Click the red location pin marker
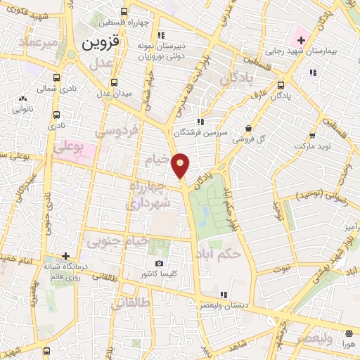click(x=181, y=165)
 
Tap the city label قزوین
click(x=102, y=42)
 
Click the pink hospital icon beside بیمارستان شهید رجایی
click(x=301, y=39)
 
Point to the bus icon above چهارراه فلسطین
click(x=124, y=11)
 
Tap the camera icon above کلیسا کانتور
click(x=160, y=263)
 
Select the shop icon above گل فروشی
click(x=248, y=128)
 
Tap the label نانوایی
click(x=23, y=110)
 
